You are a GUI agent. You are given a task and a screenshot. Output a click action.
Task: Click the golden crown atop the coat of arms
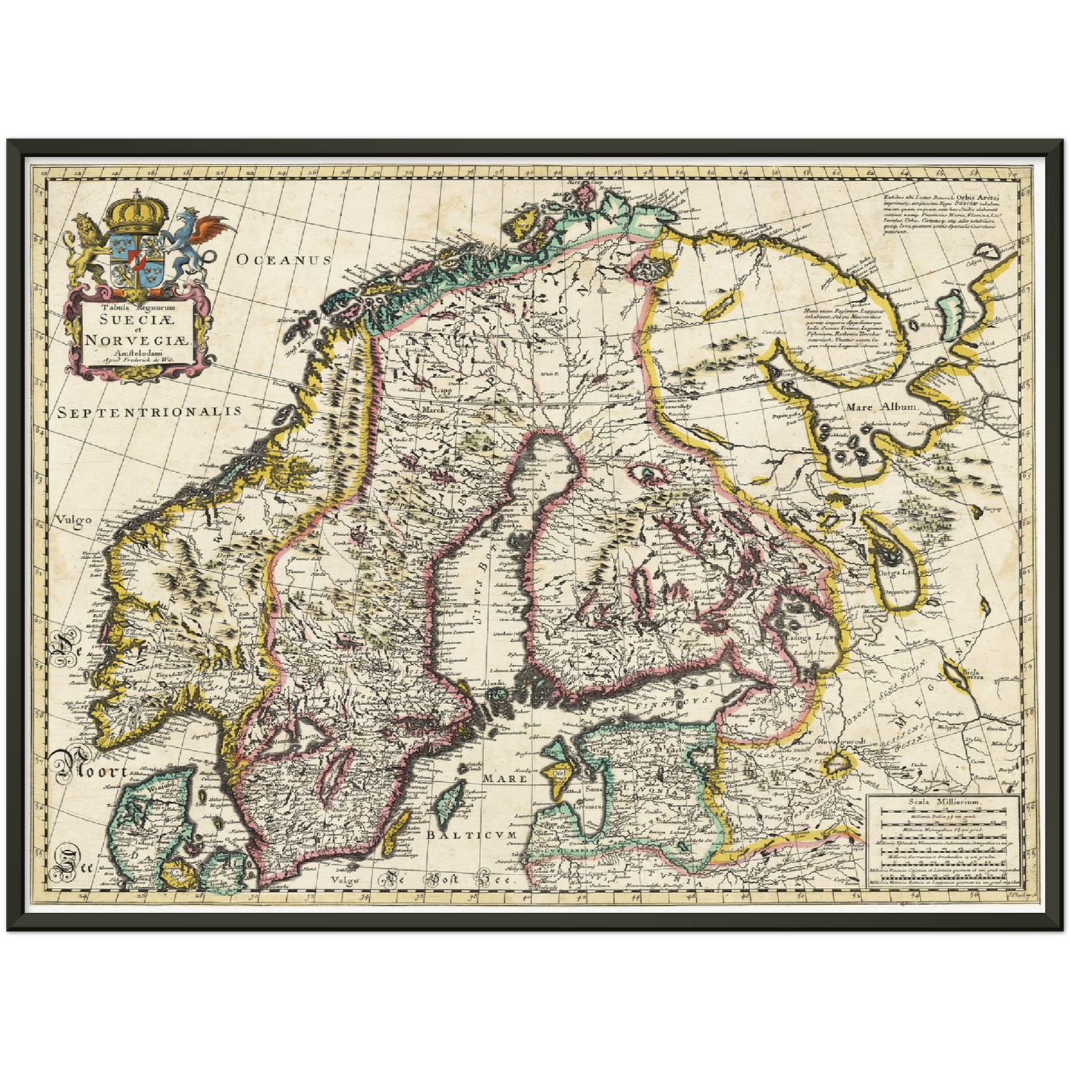(x=136, y=213)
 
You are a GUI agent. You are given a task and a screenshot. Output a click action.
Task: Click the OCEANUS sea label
(x=283, y=259)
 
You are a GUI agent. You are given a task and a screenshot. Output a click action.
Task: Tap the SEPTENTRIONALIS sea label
(x=150, y=411)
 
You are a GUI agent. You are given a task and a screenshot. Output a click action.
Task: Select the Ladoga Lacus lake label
(x=813, y=637)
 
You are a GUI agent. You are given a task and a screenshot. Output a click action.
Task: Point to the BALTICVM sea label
(x=470, y=835)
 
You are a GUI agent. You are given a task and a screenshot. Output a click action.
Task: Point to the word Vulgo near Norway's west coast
(x=73, y=520)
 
